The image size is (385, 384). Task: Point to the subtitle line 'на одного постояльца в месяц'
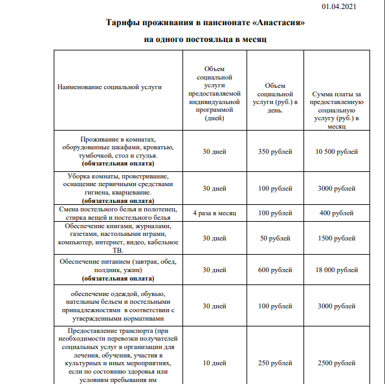(x=205, y=39)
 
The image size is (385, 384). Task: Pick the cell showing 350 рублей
(x=275, y=151)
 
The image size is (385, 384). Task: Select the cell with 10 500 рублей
(x=336, y=151)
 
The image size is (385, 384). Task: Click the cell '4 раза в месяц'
(x=214, y=213)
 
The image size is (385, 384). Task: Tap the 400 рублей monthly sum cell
(x=336, y=213)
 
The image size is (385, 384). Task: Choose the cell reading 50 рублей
(x=275, y=238)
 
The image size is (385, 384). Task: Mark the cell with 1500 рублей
(x=336, y=238)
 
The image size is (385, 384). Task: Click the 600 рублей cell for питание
(x=275, y=270)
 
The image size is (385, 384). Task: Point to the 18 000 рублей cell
(x=336, y=270)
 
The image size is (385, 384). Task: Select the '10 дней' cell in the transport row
(x=214, y=363)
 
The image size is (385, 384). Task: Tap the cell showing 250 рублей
(x=275, y=363)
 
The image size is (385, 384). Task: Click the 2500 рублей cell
(x=336, y=363)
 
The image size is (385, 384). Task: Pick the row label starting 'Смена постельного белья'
(x=118, y=213)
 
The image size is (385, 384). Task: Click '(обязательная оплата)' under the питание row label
(x=118, y=279)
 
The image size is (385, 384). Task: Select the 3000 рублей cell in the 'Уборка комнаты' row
(x=336, y=188)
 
